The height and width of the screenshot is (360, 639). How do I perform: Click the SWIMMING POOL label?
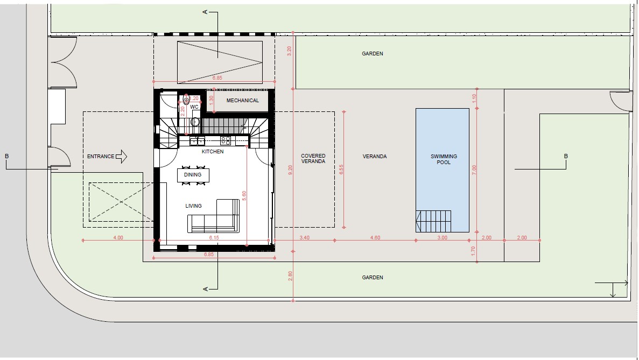click(x=444, y=159)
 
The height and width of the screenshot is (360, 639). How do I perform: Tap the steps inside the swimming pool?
click(x=434, y=220)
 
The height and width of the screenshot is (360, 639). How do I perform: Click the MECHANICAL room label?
click(x=242, y=101)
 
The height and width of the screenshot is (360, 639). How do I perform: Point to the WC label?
click(x=194, y=107)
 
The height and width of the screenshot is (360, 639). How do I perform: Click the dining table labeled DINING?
click(x=193, y=175)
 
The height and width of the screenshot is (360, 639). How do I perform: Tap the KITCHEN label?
click(x=213, y=152)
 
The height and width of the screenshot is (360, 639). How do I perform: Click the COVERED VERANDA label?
click(x=313, y=159)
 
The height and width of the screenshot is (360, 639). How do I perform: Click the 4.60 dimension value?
click(x=375, y=237)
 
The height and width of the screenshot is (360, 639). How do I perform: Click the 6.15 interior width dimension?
click(x=214, y=237)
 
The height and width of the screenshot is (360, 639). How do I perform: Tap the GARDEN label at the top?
click(x=373, y=54)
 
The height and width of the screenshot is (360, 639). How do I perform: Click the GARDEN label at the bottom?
click(x=373, y=278)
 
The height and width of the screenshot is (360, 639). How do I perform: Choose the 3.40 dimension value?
click(x=304, y=237)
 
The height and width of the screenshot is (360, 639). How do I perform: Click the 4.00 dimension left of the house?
click(x=118, y=237)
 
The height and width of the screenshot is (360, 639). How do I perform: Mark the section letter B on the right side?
click(x=566, y=157)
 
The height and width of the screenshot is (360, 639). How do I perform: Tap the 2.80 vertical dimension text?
click(x=290, y=276)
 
